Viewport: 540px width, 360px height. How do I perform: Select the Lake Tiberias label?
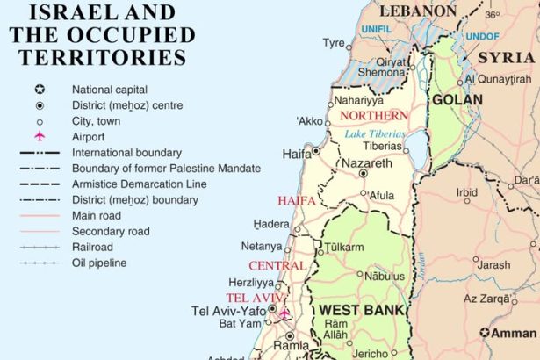coord(376,133)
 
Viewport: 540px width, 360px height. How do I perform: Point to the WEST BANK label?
coord(361,311)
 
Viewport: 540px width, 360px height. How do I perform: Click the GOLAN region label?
coord(457,100)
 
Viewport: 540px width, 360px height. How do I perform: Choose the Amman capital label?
coord(514,333)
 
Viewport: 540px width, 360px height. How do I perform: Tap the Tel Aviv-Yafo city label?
coord(228,311)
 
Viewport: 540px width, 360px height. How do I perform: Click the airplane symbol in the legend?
coord(39,137)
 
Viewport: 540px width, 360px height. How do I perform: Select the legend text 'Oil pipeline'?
coord(99,263)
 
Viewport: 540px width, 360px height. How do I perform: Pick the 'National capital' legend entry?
coord(110,90)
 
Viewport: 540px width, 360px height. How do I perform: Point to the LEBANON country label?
coord(418,11)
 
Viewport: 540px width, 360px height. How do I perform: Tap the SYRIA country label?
coord(508,57)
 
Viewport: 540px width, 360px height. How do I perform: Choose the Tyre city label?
coord(334,42)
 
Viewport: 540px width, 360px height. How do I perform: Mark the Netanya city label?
coord(262,247)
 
